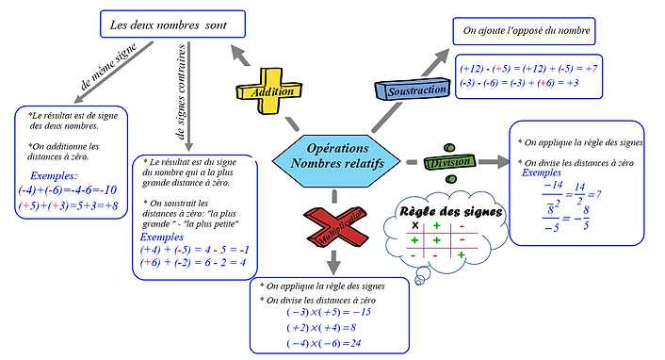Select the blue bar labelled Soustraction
coord(411,90)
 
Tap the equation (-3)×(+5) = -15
coord(330,312)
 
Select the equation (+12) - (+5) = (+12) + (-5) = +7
coord(528,68)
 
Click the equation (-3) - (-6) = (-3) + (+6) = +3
coord(519,83)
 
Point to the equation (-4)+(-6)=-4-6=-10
coord(67,189)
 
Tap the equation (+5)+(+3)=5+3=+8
coord(68,205)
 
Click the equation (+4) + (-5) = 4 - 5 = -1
coord(193,250)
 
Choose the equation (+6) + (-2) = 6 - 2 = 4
coord(193,263)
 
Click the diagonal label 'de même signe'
coord(115,73)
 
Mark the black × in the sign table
coord(414,226)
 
